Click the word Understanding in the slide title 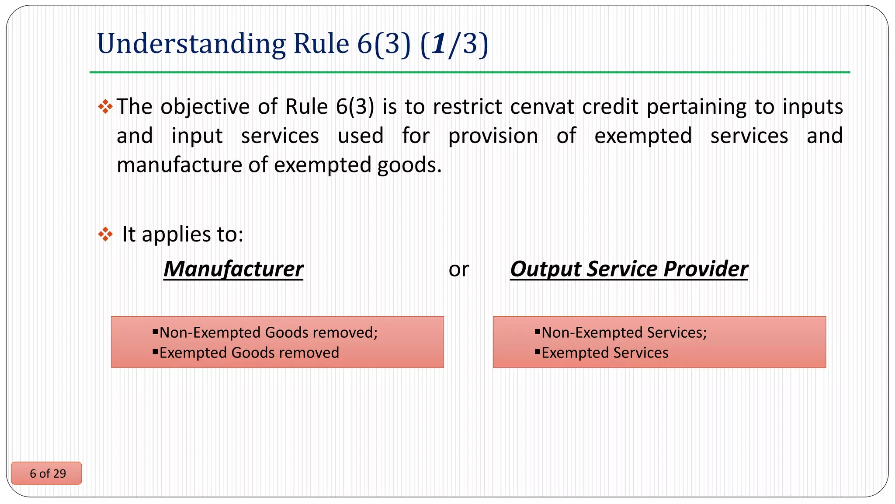pos(191,44)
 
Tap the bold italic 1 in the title pos(439,44)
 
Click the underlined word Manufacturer pos(233,269)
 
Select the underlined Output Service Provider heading pos(629,269)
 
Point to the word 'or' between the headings pos(458,269)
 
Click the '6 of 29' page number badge pos(47,473)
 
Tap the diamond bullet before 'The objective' pos(105,106)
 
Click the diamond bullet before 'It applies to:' pos(105,234)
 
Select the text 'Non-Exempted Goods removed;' pos(268,332)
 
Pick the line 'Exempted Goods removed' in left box pos(249,353)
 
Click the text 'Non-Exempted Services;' pos(624,332)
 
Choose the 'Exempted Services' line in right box pos(605,353)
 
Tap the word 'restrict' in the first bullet pos(468,107)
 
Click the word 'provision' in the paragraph pos(493,136)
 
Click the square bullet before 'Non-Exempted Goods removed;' pos(155,332)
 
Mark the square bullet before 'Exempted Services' pos(538,351)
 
